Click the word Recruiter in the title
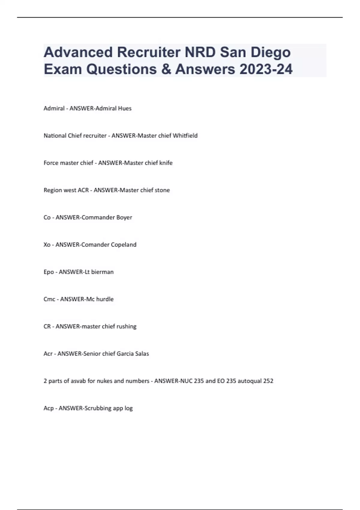click(149, 52)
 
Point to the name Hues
click(124, 108)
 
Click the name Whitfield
click(185, 136)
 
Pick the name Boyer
click(124, 217)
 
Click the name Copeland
click(124, 245)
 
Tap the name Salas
click(142, 354)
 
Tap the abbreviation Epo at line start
click(49, 272)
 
